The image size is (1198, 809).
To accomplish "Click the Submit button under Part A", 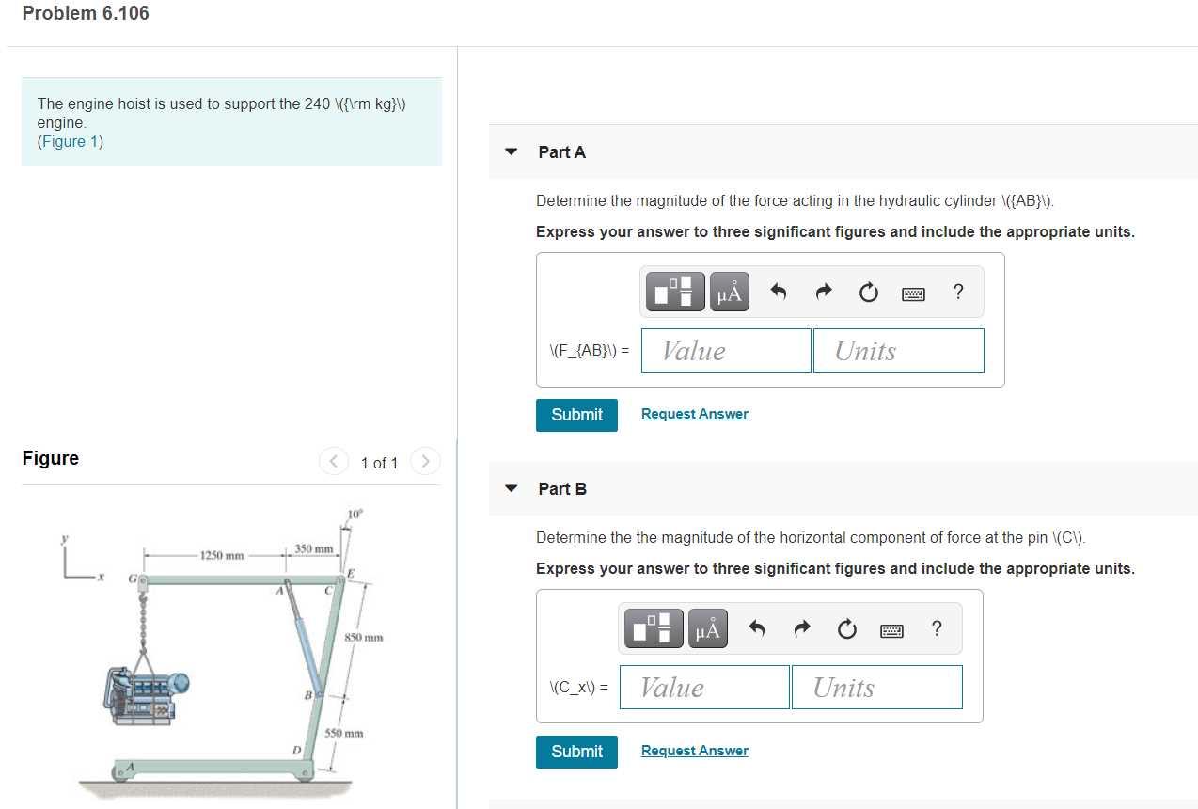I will pos(576,415).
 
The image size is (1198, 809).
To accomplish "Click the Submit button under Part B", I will pos(576,752).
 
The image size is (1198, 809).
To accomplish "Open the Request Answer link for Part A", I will pos(694,414).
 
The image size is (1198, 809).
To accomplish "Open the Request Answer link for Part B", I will pos(694,751).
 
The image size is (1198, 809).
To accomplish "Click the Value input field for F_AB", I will pos(725,351).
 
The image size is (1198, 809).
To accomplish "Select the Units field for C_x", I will pos(876,688).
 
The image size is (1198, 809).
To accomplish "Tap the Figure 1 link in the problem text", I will pos(70,142).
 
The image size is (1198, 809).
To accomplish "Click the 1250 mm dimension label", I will pos(222,555).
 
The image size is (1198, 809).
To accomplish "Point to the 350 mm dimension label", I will pos(314,548).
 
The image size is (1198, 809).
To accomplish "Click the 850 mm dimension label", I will pos(363,638).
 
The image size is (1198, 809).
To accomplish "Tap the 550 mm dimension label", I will pos(344,733).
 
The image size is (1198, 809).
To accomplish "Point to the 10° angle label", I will pos(355,514).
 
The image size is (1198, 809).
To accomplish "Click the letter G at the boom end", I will pos(133,580).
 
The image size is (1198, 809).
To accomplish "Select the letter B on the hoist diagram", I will pos(307,695).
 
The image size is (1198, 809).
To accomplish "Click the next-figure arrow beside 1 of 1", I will pos(425,462).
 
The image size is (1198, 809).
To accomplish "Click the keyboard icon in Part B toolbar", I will pos(891,630).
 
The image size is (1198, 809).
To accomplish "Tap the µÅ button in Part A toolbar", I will pos(729,293).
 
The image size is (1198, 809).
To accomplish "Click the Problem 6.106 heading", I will pos(86,13).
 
